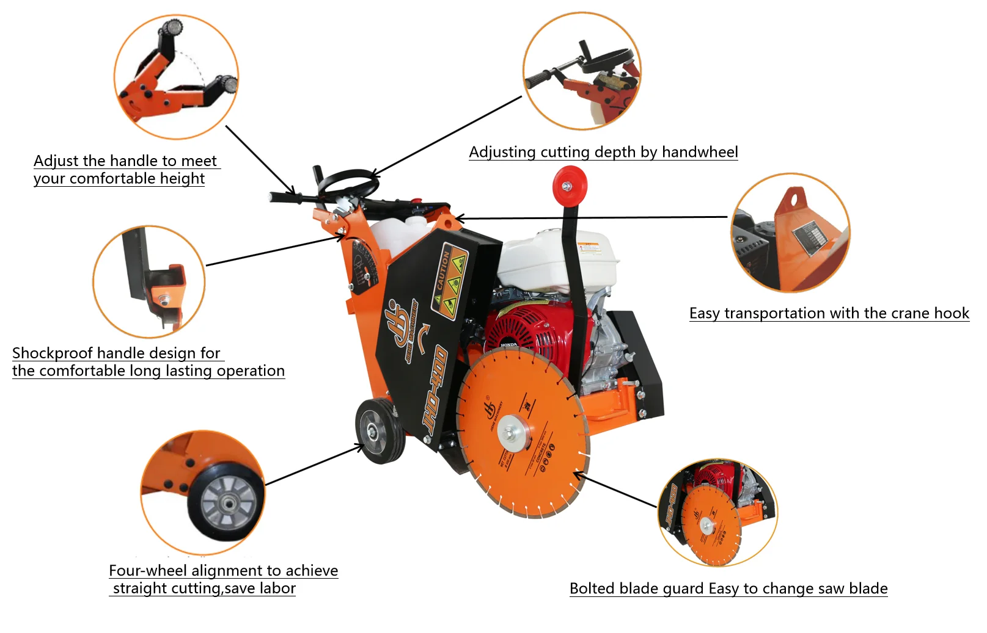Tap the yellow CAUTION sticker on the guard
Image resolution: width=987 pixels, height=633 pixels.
tap(449, 281)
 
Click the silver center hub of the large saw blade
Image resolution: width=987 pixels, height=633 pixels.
tap(512, 434)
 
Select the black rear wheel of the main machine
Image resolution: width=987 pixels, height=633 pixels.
tap(380, 430)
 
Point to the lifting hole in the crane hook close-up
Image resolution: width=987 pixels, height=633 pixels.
tap(793, 198)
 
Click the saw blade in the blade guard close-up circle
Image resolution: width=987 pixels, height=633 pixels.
tap(710, 526)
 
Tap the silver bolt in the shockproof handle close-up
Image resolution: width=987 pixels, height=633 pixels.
tap(163, 300)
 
